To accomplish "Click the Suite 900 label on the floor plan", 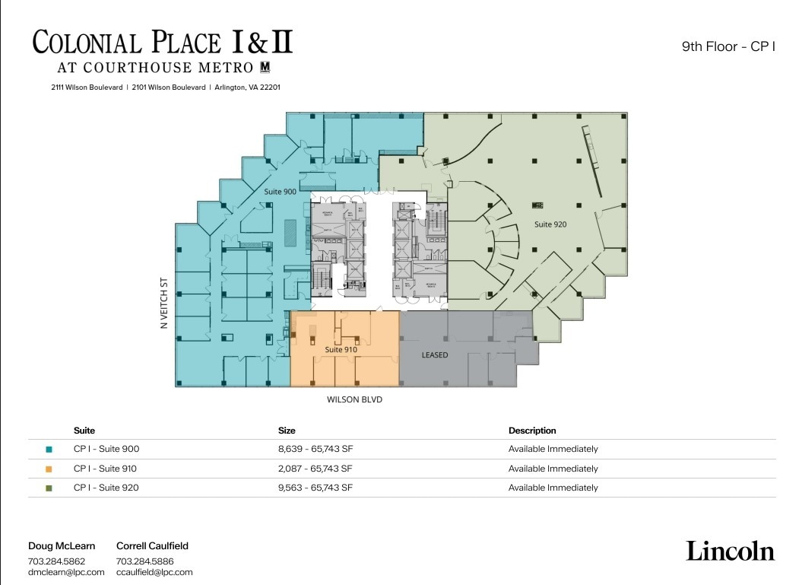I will point(280,192).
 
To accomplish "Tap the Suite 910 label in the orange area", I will point(341,349).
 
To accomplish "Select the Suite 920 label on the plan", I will point(550,224).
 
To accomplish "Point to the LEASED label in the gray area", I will point(435,355).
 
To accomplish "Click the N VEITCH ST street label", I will point(163,303).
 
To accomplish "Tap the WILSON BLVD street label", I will point(354,399).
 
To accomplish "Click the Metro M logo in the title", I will point(266,67).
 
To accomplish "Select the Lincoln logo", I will point(730,551).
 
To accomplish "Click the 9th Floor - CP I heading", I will point(728,46).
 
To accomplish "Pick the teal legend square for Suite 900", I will point(49,450).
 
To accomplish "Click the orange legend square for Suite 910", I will point(49,469).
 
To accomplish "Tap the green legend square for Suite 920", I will point(49,488).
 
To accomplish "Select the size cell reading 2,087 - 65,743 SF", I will point(315,469).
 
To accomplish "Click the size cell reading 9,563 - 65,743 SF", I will point(315,488).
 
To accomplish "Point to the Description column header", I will point(532,431).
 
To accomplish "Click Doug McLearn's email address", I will point(66,572).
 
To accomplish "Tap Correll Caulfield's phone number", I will point(144,561).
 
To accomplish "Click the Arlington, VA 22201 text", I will point(247,87).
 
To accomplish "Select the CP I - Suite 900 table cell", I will point(106,449).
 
